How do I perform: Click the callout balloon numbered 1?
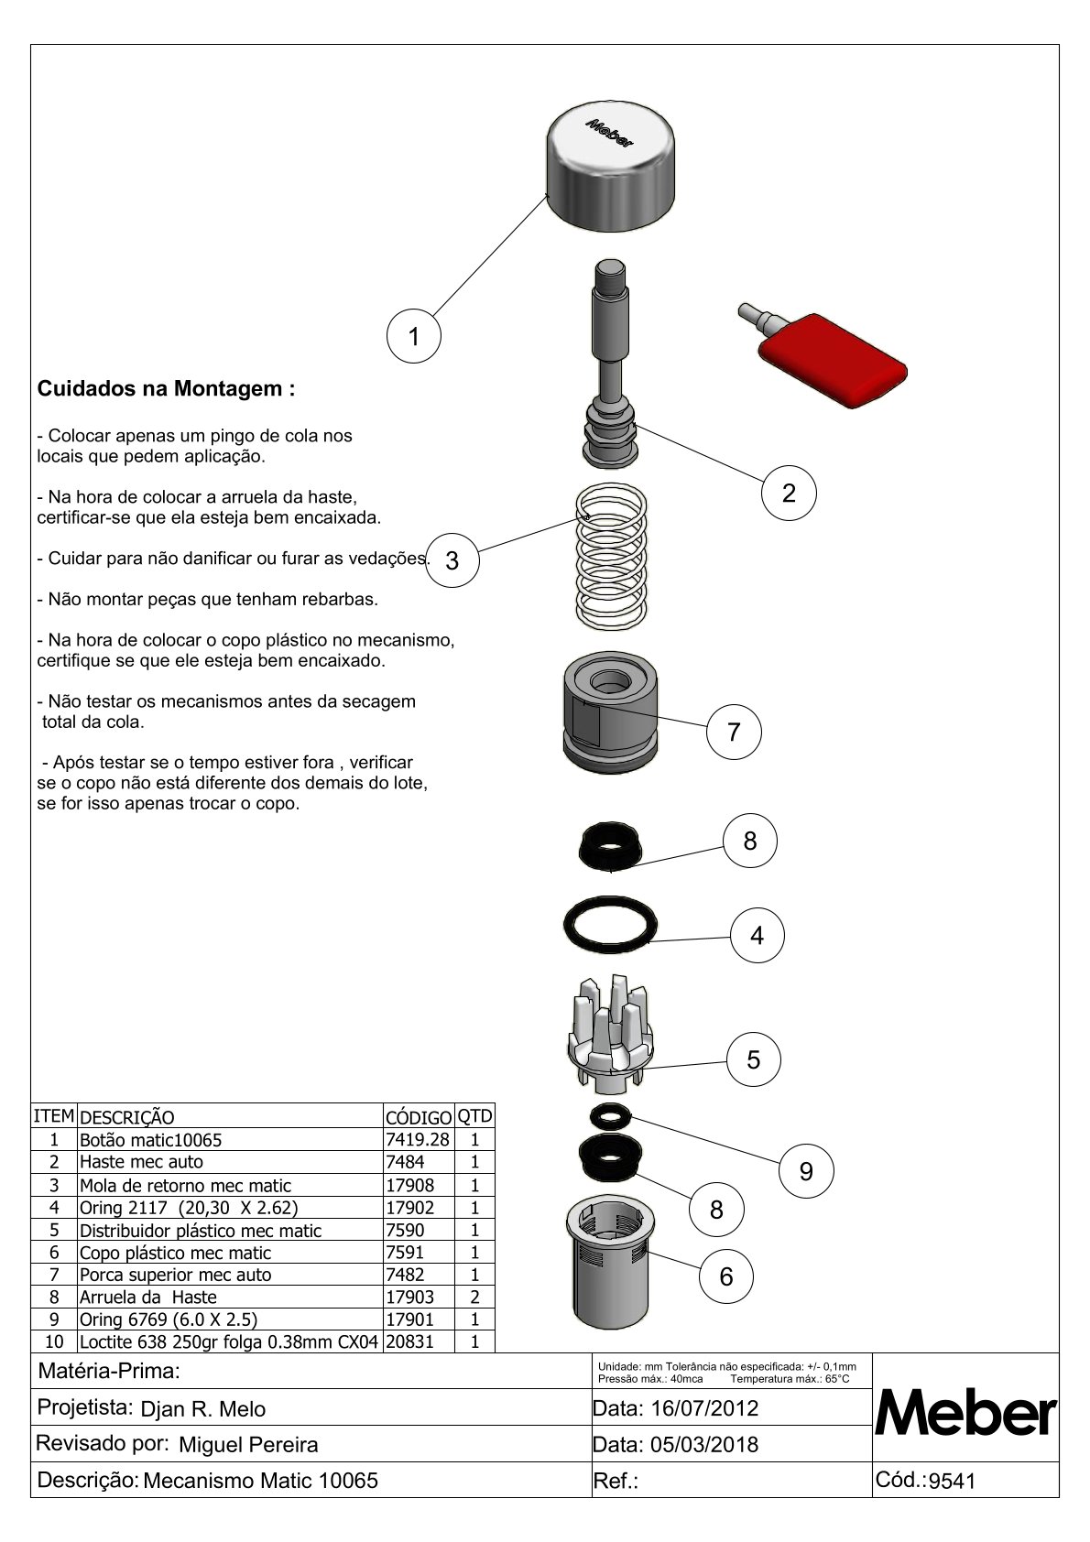point(413,336)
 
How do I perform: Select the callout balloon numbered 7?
point(733,732)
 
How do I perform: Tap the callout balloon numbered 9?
point(806,1171)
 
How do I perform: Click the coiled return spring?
point(612,555)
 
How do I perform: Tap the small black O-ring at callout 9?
point(612,1115)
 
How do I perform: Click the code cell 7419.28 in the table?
point(418,1139)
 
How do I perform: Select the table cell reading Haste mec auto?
point(142,1162)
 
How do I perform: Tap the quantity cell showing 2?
point(474,1297)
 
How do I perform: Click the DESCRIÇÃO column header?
point(127,1117)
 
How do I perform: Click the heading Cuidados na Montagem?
point(166,388)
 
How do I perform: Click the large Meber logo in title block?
point(965,1417)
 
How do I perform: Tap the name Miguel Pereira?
point(248,1445)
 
